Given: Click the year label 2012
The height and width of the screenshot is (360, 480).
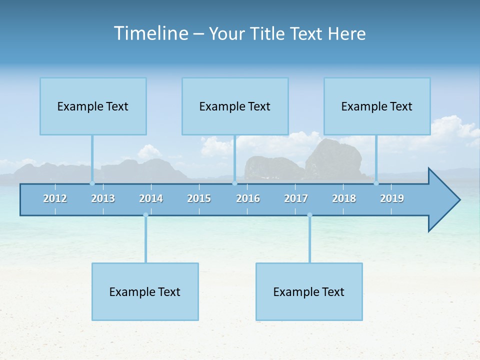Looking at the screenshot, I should (x=55, y=198).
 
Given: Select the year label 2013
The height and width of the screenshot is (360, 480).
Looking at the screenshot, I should (x=103, y=198).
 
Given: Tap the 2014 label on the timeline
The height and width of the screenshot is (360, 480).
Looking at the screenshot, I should (x=151, y=198).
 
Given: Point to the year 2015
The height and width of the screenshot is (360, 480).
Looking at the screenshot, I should (x=199, y=198).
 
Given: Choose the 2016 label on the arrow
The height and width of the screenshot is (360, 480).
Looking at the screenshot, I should (x=248, y=198).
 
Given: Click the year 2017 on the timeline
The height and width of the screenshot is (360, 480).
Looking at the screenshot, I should (x=296, y=198).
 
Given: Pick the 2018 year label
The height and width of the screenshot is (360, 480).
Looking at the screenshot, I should (x=344, y=198).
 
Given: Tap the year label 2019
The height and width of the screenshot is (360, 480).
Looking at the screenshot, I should (x=392, y=198).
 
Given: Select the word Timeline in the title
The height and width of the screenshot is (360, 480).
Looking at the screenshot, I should (x=150, y=33).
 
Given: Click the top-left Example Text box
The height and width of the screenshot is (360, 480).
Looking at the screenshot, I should (x=93, y=106).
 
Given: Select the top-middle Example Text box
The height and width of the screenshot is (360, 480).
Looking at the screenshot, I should (x=235, y=106).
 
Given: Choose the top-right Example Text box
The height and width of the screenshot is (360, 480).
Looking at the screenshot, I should (x=377, y=106).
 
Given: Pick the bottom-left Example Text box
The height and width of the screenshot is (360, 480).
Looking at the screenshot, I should (x=145, y=292).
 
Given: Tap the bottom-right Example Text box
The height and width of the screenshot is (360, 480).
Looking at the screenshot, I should (x=309, y=292).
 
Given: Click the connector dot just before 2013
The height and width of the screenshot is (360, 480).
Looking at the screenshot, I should (x=92, y=183).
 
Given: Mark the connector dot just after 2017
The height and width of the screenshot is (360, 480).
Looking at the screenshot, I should (x=309, y=215).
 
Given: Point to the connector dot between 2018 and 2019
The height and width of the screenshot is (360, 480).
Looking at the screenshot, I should (x=376, y=183).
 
